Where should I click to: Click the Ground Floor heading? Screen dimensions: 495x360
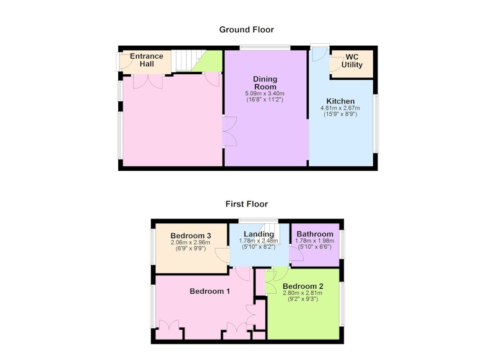pos(246,30)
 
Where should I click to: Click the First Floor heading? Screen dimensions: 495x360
pos(246,204)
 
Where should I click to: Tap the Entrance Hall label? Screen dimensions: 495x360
pos(147,60)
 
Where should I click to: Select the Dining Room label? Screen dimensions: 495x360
pos(265,83)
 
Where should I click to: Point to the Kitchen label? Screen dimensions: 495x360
pos(340,101)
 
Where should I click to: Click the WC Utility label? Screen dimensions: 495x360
pos(352,61)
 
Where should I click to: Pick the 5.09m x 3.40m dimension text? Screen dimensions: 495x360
pos(265,93)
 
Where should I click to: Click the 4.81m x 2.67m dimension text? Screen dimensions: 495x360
pos(340,108)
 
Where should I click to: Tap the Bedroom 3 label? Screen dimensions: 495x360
pos(191,236)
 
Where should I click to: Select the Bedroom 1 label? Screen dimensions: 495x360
pos(210,291)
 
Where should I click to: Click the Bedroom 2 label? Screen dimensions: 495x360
pos(303,286)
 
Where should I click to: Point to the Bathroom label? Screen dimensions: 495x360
pos(315,234)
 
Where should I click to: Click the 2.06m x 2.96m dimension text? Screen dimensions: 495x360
pos(191,242)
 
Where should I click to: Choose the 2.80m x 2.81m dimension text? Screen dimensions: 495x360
pos(303,293)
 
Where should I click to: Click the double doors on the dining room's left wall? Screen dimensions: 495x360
pos(230,131)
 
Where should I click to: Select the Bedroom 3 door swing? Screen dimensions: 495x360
pos(222,255)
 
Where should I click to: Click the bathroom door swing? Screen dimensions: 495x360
pos(296,253)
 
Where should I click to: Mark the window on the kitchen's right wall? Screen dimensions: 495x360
pos(376,124)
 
